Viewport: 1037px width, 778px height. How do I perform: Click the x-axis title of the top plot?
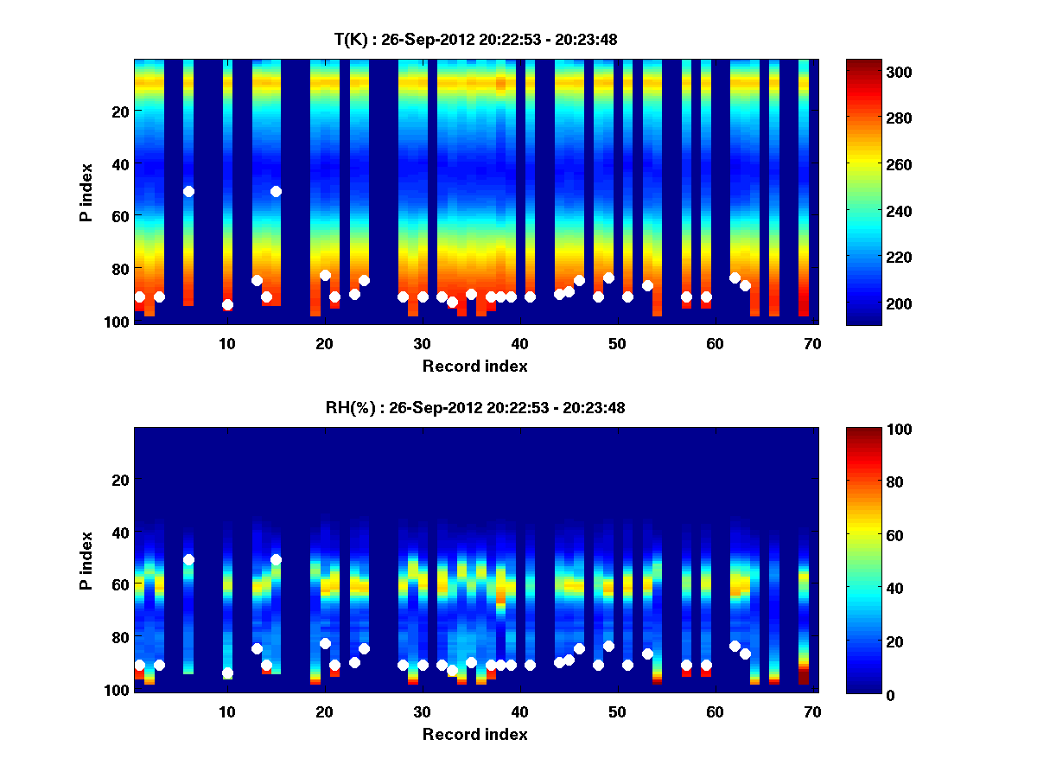coord(474,366)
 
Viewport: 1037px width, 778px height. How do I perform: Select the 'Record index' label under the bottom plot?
coord(474,734)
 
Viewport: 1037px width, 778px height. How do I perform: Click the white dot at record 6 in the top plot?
coord(188,191)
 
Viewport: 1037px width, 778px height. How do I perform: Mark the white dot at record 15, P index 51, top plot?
coord(276,191)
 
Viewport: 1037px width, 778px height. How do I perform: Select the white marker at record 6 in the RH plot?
coord(188,559)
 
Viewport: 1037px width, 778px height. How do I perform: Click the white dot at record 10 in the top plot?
coord(227,304)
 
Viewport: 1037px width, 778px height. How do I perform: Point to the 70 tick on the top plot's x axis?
coord(812,343)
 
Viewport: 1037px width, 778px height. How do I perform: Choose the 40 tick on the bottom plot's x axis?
coord(519,711)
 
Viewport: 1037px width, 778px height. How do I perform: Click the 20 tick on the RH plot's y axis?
coord(121,480)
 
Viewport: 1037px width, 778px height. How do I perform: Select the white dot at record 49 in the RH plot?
coord(608,646)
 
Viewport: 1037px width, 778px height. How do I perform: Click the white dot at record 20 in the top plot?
coord(325,275)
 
